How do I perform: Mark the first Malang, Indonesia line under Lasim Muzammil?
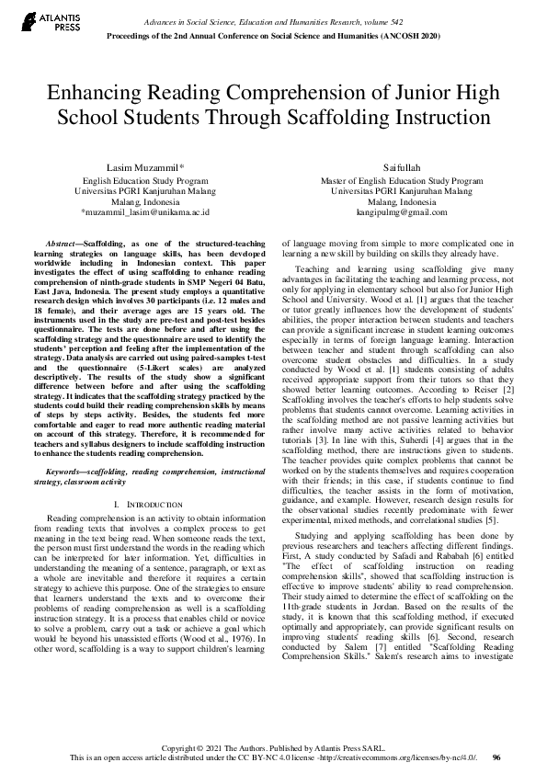(x=146, y=201)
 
